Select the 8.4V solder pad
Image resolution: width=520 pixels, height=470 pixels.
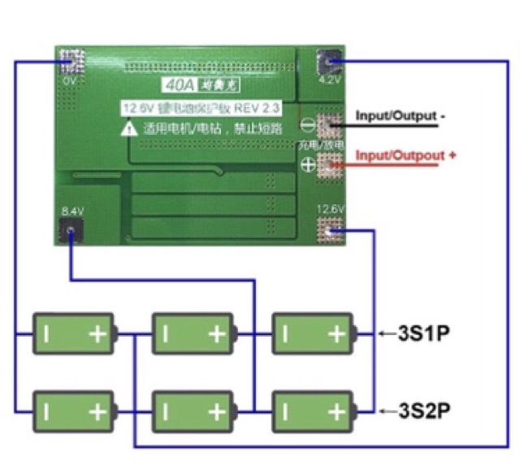coord(71,231)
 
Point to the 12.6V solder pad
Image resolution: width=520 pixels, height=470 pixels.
coord(331,232)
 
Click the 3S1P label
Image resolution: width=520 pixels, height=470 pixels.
coord(424,333)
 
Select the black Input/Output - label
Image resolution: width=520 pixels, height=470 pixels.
coord(401,116)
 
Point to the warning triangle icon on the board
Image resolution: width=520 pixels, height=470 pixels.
coord(129,128)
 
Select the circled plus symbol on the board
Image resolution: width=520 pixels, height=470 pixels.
coord(308,164)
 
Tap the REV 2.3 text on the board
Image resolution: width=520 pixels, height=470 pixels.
coord(259,108)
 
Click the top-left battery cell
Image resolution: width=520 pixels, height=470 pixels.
coord(73,333)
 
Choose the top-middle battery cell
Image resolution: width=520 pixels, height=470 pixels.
coord(193,333)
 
